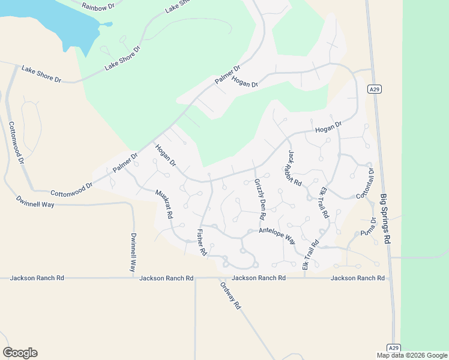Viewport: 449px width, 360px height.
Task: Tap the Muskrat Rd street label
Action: [164, 203]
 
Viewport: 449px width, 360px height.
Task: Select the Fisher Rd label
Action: [201, 243]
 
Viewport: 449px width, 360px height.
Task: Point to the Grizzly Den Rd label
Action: [260, 199]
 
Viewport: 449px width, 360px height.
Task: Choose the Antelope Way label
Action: [277, 234]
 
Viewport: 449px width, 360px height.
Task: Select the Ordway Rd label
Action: [230, 295]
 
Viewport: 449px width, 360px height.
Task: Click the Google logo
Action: [20, 353]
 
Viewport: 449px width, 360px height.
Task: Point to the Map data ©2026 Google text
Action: [411, 355]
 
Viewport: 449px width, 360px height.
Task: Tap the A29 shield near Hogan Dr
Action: [375, 89]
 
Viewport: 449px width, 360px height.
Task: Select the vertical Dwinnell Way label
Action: [133, 253]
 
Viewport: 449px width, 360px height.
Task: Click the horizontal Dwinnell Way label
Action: [35, 204]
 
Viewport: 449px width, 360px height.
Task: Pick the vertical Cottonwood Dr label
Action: [16, 143]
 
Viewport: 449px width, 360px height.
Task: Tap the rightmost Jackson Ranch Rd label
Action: [357, 278]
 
